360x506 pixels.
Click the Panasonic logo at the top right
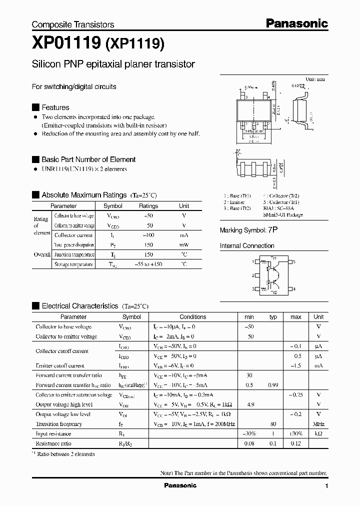click(x=296, y=23)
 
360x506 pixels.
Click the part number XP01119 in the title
click(x=66, y=44)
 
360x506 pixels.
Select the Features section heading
click(x=55, y=107)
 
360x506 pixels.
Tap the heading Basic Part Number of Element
click(x=88, y=159)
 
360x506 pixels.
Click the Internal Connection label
click(x=247, y=246)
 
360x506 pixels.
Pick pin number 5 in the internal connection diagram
click(x=294, y=261)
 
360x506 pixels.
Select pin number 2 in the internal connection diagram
click(x=253, y=275)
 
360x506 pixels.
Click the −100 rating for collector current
click(x=148, y=235)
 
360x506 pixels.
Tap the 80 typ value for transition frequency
click(x=273, y=424)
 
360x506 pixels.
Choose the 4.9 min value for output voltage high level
click(x=249, y=404)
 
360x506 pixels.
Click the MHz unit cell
click(x=318, y=424)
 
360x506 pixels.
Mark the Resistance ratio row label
click(x=53, y=443)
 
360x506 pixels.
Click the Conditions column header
click(x=192, y=317)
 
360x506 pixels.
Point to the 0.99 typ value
click(x=273, y=385)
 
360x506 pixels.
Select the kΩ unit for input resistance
click(x=318, y=434)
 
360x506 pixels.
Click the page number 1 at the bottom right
click(x=326, y=486)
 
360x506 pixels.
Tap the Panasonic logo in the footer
click(x=180, y=485)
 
